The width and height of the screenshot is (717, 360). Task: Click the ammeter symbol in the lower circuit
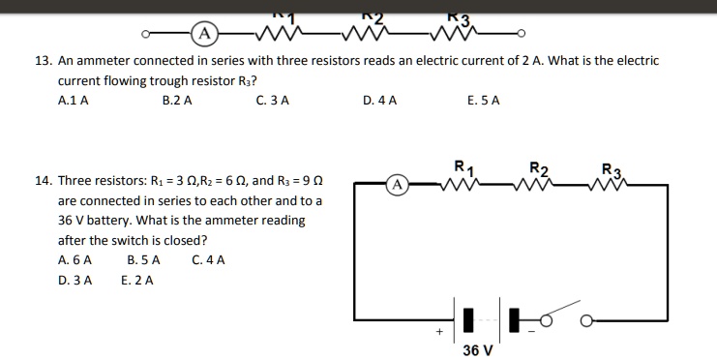click(x=398, y=183)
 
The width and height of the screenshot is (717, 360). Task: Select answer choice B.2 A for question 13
click(x=177, y=100)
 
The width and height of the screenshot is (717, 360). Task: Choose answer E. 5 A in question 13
click(x=483, y=100)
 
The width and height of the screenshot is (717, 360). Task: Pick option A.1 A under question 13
click(x=74, y=100)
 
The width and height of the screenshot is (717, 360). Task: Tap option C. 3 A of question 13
click(x=273, y=100)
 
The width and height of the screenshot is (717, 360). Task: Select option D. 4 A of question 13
click(x=379, y=100)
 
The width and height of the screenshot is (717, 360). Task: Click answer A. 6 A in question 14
click(x=75, y=259)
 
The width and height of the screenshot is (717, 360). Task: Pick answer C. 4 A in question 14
click(x=208, y=259)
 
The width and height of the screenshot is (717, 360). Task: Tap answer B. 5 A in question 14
click(x=143, y=259)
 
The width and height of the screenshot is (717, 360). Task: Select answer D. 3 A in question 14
click(x=75, y=280)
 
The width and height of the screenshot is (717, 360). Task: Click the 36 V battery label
click(x=477, y=349)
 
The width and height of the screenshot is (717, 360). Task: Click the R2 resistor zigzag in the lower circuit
click(x=540, y=184)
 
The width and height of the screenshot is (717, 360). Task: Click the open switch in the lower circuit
click(x=562, y=318)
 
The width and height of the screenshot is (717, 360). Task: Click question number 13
click(x=42, y=60)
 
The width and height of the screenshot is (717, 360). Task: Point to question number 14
click(x=42, y=181)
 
